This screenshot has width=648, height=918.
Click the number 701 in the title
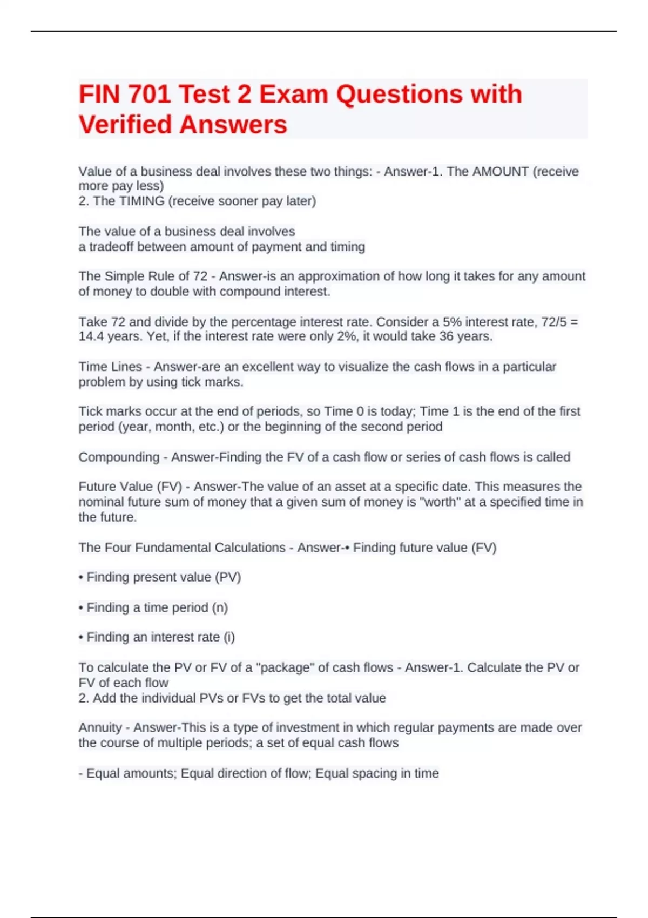point(150,94)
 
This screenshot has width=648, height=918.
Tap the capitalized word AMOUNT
point(501,172)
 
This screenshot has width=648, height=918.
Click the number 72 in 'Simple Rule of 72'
point(200,276)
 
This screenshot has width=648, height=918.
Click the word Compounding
point(119,457)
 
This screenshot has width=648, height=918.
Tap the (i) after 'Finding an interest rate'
point(229,637)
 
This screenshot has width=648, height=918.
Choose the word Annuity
point(100,728)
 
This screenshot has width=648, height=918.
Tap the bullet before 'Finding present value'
point(81,577)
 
